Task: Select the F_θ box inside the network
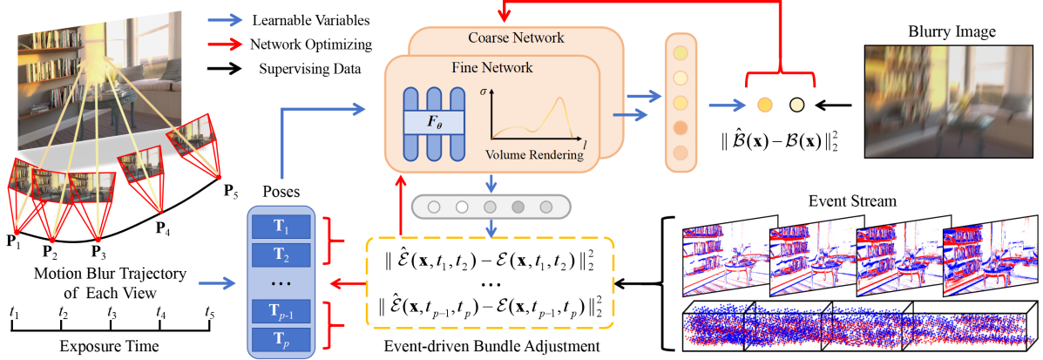coord(434,122)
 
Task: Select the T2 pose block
coord(280,255)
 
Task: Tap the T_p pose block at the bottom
coord(280,339)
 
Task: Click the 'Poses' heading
coord(280,193)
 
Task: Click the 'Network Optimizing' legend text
coord(311,45)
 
